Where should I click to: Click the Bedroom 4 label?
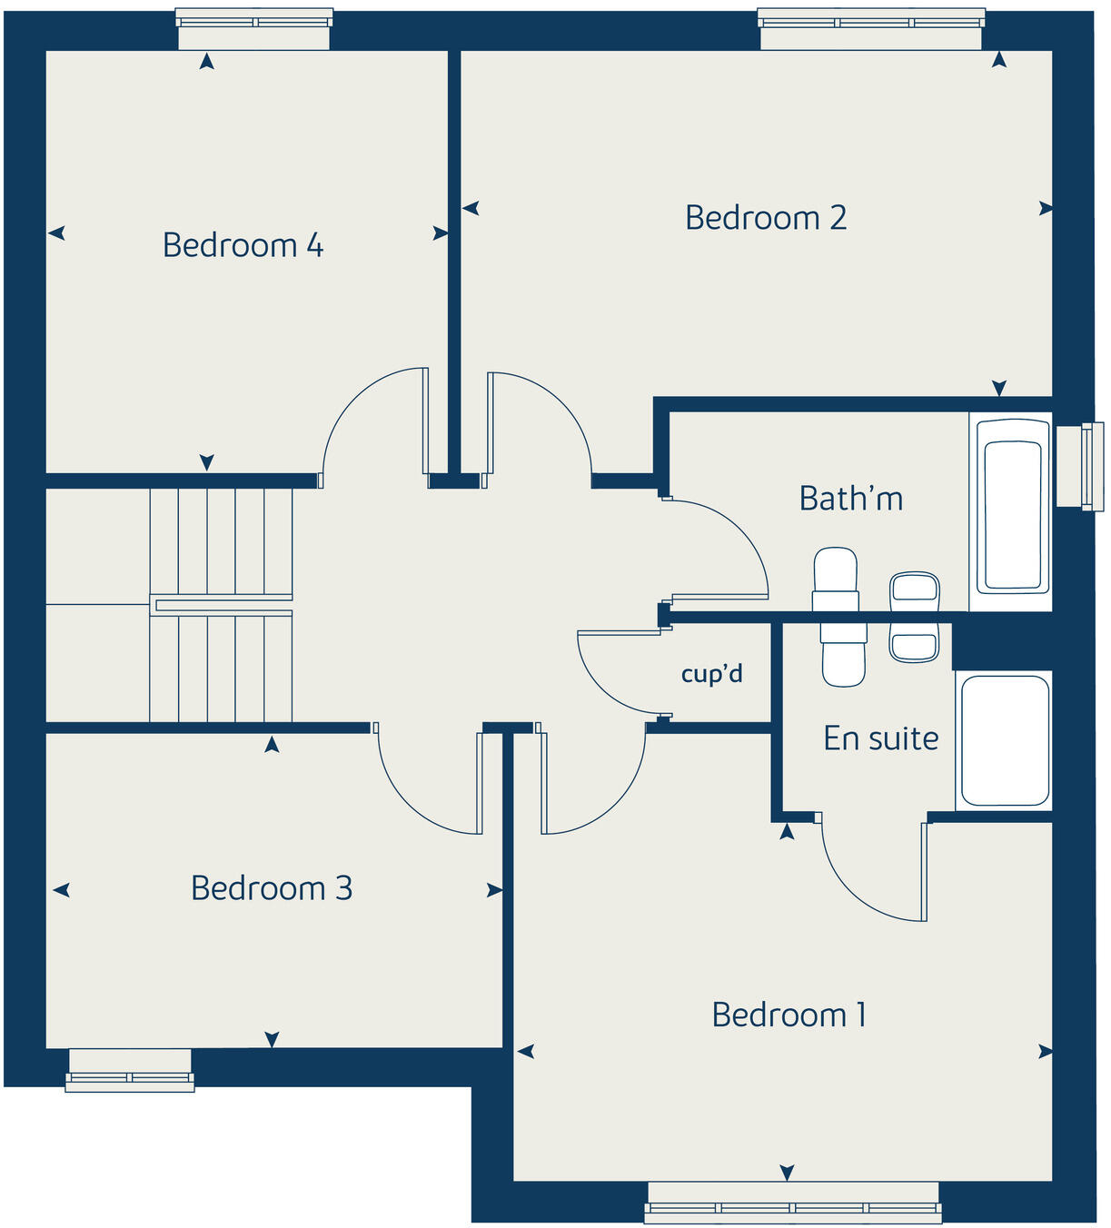coord(243,245)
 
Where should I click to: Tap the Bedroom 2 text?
coord(766,218)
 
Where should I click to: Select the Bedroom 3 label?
coord(272,888)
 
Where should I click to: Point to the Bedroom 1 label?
coord(789,1015)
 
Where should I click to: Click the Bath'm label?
coord(851,499)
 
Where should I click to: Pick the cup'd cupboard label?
coord(712,674)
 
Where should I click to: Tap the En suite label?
coord(881,738)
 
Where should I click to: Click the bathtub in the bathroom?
coord(1011,514)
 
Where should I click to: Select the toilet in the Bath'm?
coord(836,578)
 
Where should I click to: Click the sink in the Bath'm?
coord(914,590)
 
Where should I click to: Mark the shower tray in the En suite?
coord(1005,740)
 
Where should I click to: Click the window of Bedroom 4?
coord(253,28)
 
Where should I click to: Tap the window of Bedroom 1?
coord(793,1202)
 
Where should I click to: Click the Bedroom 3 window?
coord(130,1069)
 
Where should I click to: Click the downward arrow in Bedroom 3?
coord(272,1038)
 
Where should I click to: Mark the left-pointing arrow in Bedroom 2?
coord(471,209)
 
